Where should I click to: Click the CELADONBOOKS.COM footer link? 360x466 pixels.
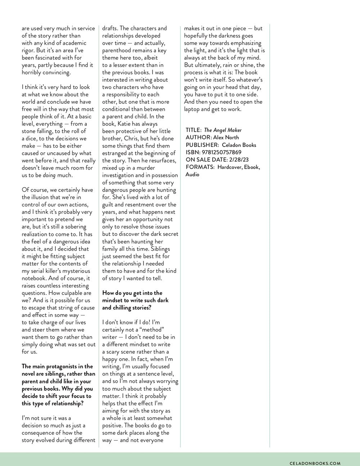point(315,463)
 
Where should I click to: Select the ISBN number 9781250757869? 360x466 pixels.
point(222,152)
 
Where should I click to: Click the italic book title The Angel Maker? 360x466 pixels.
point(223,130)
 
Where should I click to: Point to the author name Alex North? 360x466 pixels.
point(226,137)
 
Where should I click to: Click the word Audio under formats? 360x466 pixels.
point(192,174)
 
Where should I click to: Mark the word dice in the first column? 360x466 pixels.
point(33,138)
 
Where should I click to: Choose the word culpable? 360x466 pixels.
point(72,293)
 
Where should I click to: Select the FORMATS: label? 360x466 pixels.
point(200,167)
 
